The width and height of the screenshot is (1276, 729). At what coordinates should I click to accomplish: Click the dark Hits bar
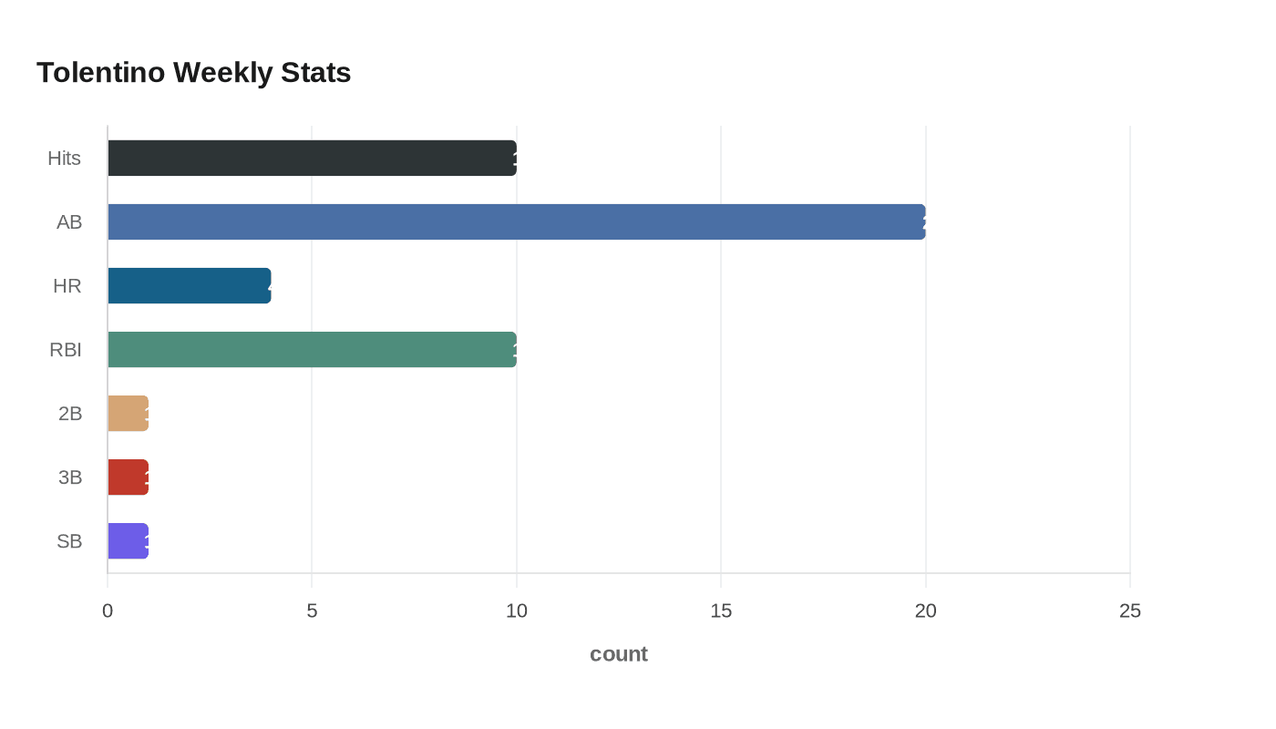(312, 158)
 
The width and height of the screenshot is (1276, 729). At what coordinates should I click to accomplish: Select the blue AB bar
(516, 221)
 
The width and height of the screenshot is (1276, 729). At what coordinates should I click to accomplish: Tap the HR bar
(189, 285)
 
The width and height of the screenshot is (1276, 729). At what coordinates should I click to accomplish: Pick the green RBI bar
(312, 349)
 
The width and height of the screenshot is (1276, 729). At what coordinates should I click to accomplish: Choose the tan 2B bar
(128, 413)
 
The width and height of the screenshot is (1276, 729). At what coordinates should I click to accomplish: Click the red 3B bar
(128, 477)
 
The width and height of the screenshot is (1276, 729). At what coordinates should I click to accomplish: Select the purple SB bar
(128, 540)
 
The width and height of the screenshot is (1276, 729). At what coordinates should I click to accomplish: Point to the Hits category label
(64, 158)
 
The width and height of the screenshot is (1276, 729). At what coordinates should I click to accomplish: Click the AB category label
(69, 221)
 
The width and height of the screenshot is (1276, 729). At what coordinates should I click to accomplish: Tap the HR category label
(67, 285)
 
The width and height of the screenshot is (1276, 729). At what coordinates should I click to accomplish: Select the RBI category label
(66, 349)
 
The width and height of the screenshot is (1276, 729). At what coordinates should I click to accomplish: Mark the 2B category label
(70, 413)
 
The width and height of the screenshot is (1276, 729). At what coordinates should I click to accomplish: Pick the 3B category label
(70, 477)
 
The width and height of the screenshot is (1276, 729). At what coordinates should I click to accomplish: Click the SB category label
(69, 540)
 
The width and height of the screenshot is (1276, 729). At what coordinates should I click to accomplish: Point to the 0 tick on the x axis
(108, 611)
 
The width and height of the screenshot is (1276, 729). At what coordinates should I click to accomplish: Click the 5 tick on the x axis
(312, 611)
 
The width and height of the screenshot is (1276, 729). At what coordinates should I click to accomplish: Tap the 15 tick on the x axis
(721, 611)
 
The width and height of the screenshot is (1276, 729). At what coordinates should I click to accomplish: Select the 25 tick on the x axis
(1130, 611)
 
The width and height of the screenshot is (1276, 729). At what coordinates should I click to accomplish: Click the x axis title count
(619, 653)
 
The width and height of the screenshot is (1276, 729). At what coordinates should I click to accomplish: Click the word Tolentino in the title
(100, 72)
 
